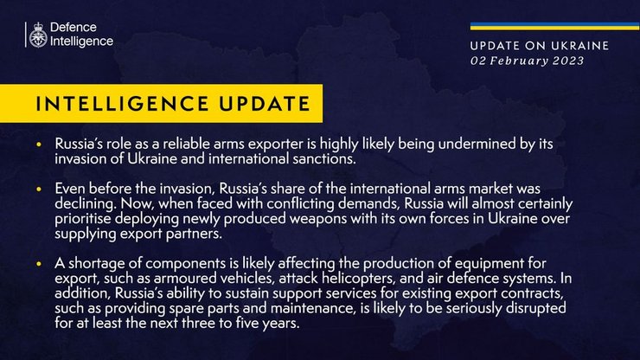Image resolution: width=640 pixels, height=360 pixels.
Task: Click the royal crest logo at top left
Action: (x=36, y=35)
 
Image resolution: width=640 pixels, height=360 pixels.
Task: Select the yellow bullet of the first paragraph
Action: (x=39, y=142)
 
